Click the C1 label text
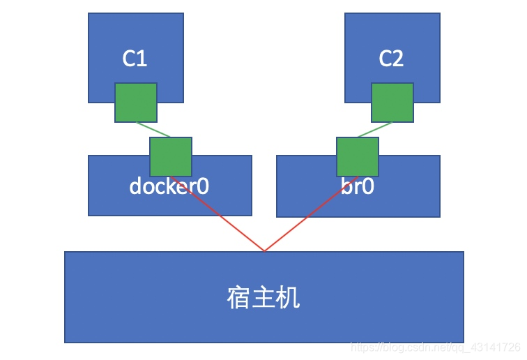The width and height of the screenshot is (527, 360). point(135,59)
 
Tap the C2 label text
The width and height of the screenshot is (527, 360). point(391,59)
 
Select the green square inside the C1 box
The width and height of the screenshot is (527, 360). point(136,103)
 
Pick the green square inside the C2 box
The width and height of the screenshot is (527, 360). point(392,103)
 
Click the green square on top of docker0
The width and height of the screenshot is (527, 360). point(171,157)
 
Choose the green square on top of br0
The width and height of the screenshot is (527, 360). point(358,157)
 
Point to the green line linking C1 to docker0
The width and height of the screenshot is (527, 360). point(153,130)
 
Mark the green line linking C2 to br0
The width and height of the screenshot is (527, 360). point(375,130)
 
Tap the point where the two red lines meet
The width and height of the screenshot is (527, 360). point(264,250)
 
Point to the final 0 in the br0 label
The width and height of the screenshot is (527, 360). point(367,187)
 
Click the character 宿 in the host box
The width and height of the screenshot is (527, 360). point(239,298)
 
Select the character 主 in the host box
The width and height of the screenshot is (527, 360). point(263,298)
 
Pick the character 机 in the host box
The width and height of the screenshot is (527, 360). point(289,298)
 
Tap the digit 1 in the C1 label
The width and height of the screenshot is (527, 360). point(142,59)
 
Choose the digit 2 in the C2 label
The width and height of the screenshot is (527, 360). point(398,59)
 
